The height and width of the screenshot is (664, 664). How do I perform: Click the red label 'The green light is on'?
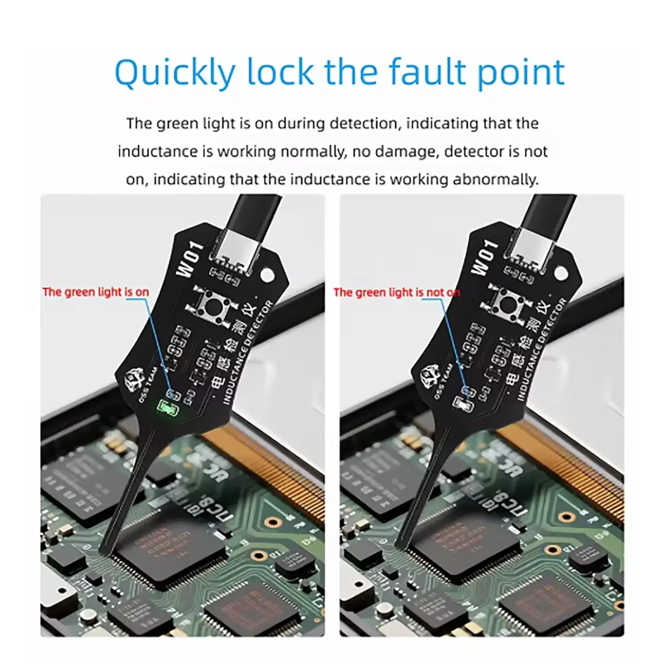(96, 292)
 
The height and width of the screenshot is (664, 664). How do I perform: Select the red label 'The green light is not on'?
(396, 293)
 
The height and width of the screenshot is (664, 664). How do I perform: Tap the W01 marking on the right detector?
(484, 258)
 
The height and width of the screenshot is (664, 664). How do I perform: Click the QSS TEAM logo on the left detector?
(135, 380)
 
